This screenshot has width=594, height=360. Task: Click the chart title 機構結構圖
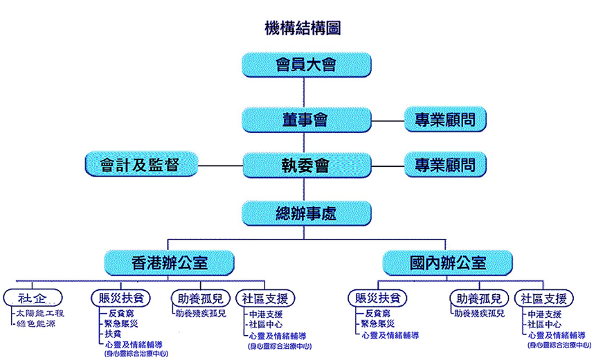302,28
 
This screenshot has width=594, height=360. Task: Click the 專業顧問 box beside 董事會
444,120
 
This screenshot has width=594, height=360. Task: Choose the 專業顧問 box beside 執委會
444,165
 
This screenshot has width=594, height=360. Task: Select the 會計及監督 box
140,165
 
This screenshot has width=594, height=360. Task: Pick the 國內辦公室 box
447,263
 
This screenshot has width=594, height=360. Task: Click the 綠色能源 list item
40,323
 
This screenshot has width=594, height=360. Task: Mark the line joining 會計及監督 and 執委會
220,165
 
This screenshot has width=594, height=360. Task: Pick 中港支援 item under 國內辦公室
546,314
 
